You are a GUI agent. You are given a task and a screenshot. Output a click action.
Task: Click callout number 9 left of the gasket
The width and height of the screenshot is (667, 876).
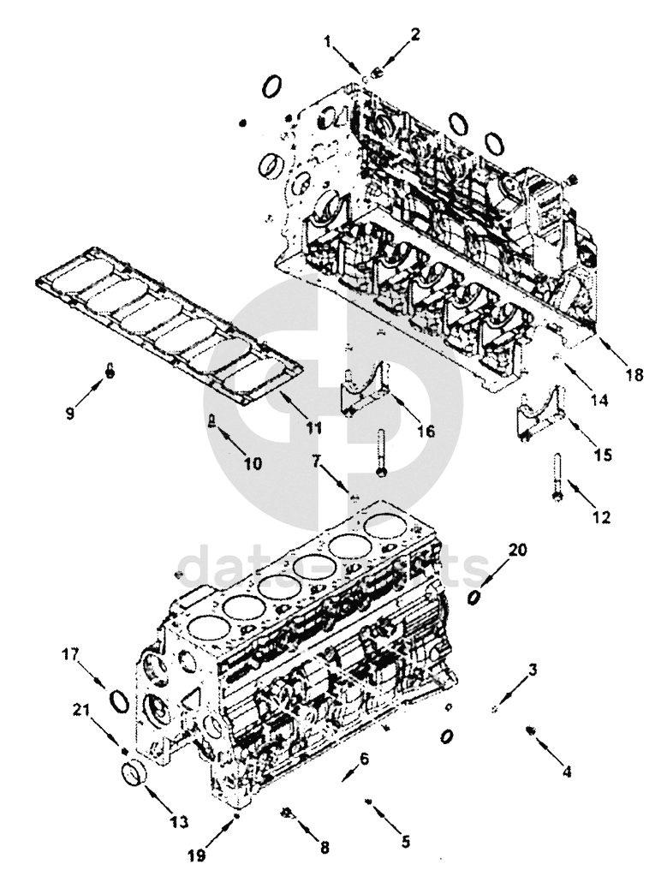[69, 411]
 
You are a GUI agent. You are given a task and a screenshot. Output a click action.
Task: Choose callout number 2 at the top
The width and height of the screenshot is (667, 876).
[415, 35]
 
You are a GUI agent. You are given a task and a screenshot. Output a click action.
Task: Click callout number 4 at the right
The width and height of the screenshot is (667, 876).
[566, 771]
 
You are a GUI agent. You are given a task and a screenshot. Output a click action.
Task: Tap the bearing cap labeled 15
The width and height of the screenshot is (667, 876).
[539, 415]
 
